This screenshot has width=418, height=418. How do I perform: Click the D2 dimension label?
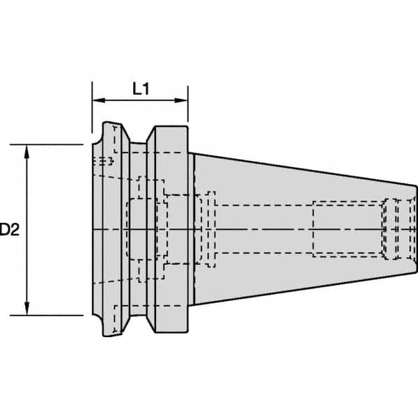coord(8,229)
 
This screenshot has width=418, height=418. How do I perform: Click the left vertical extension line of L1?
coord(93,111)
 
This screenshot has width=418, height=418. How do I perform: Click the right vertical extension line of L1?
coord(187,111)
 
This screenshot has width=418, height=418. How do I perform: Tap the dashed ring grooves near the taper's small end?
coord(397,229)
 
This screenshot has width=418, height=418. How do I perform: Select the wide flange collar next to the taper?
coord(171,229)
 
